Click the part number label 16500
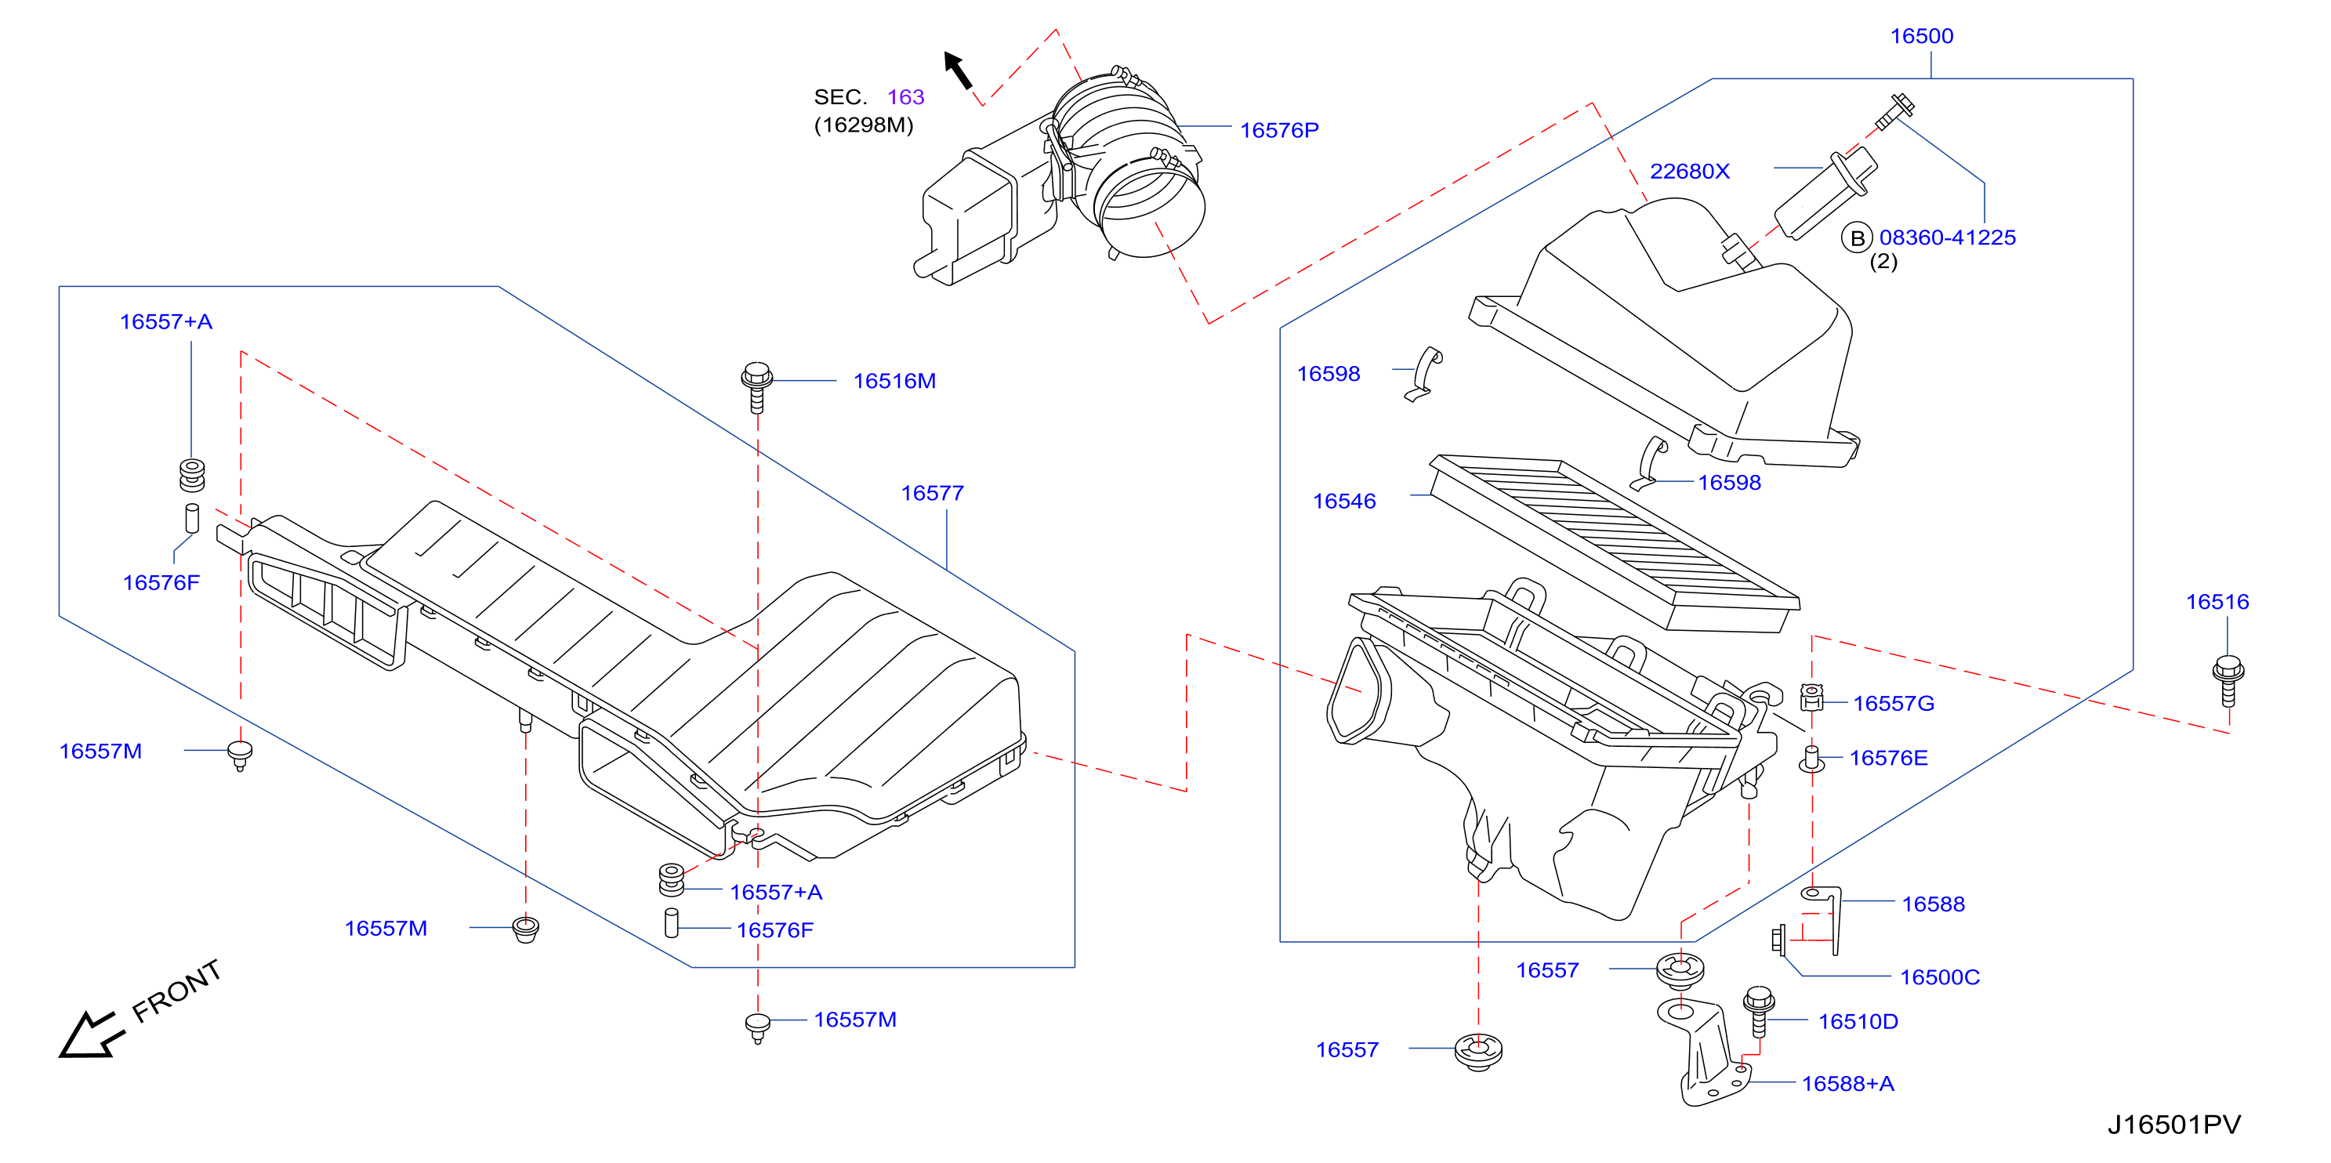[x=1921, y=36]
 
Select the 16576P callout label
[x=1278, y=130]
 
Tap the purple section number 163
[x=905, y=97]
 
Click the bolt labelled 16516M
[x=757, y=387]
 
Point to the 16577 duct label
[x=932, y=493]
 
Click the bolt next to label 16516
[x=2228, y=680]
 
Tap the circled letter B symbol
[x=1857, y=238]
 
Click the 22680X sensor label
[x=1689, y=171]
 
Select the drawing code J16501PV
[x=2173, y=1125]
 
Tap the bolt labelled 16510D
[x=1758, y=1012]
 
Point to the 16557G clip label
[x=1893, y=703]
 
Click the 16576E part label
[x=1888, y=758]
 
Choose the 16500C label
[x=1939, y=977]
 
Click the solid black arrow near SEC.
[x=959, y=70]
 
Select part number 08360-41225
[x=1947, y=237]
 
